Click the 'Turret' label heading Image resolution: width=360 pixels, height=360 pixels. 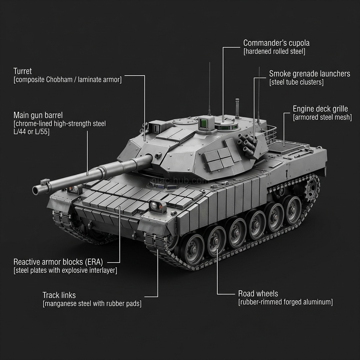(22, 71)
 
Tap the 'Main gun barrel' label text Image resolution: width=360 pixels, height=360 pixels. (38, 115)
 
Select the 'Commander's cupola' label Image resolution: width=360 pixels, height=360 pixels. (276, 43)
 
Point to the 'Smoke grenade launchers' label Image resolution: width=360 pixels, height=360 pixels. (309, 74)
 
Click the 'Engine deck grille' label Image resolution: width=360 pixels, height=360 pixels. (320, 109)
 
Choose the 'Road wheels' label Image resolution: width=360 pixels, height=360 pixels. (258, 294)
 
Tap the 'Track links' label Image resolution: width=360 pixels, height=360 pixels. (59, 295)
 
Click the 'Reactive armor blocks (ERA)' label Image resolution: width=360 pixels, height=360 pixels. (58, 262)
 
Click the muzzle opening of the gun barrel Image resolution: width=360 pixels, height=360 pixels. (36, 190)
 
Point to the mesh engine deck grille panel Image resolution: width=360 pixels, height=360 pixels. (287, 147)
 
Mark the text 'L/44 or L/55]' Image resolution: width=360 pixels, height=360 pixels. (31, 132)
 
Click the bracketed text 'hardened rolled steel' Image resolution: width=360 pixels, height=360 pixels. (274, 51)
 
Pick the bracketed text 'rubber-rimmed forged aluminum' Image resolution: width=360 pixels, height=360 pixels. (285, 302)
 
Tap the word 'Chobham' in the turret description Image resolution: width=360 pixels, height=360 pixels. (59, 80)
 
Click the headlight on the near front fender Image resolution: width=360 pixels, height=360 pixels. (153, 205)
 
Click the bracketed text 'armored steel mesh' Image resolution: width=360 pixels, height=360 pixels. (322, 117)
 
